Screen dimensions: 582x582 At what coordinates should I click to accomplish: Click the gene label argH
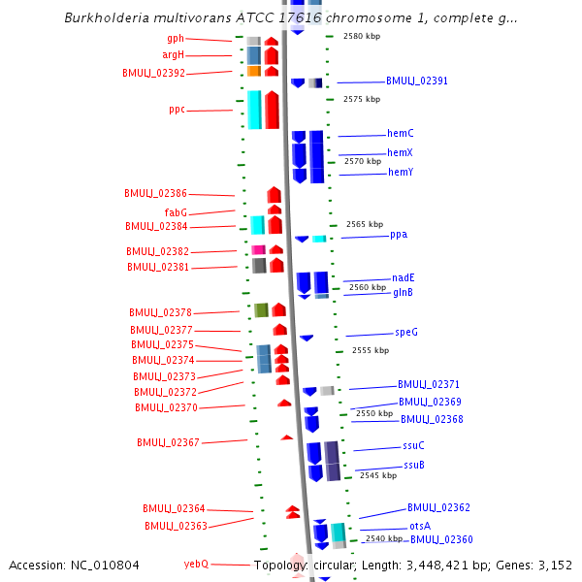(x=174, y=55)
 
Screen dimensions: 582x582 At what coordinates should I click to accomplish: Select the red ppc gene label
(x=178, y=110)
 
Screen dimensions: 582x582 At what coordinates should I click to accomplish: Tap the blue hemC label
(x=400, y=133)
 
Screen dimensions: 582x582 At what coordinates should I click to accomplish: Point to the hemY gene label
(x=401, y=173)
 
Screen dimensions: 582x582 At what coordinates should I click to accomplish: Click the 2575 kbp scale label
(x=362, y=99)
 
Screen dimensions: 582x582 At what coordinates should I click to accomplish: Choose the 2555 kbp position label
(x=371, y=350)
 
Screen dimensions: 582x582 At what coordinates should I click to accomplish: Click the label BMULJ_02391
(x=417, y=81)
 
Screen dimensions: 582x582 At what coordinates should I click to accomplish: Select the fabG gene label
(x=176, y=212)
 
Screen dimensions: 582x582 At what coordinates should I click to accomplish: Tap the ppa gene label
(x=399, y=235)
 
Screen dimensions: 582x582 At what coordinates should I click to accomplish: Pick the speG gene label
(x=406, y=332)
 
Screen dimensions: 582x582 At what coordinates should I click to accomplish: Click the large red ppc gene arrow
(x=272, y=110)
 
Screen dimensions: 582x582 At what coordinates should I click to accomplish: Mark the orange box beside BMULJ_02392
(x=254, y=71)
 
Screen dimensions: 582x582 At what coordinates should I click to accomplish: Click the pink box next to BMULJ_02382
(x=258, y=249)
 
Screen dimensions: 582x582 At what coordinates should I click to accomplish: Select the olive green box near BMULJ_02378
(x=261, y=310)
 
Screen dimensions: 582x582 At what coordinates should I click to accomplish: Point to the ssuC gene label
(x=413, y=445)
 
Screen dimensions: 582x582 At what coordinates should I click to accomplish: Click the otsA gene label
(x=420, y=527)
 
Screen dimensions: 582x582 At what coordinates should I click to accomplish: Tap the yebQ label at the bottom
(x=196, y=565)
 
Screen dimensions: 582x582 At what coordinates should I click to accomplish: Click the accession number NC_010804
(x=105, y=566)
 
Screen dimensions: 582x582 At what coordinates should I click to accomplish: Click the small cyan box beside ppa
(x=319, y=239)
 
